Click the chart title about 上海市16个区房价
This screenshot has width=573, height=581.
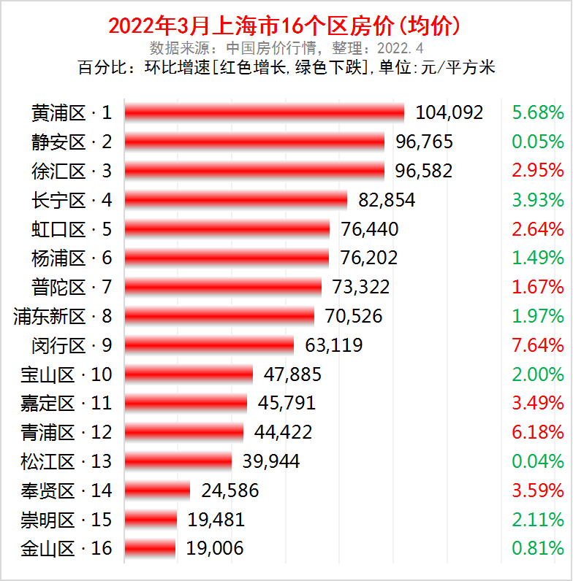[x=286, y=26]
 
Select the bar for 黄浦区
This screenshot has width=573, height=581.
[x=264, y=112]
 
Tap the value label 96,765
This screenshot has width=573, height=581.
[x=424, y=142]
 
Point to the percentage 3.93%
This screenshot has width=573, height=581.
[x=537, y=200]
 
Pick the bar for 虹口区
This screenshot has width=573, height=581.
[x=227, y=229]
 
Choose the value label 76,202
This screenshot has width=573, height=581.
[x=369, y=258]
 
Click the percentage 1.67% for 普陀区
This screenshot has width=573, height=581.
[x=537, y=287]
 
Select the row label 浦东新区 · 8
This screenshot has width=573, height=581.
[x=63, y=316]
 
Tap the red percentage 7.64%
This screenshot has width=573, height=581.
[x=537, y=345]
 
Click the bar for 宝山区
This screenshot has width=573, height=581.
[x=189, y=374]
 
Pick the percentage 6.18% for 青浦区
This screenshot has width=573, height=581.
[x=537, y=432]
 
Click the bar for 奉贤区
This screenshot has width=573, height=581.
[x=157, y=490]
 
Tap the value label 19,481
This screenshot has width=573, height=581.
[x=216, y=520]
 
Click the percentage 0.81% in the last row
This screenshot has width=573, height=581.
[x=537, y=548]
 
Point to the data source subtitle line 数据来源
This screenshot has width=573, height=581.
[x=286, y=49]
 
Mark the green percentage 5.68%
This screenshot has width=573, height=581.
[x=537, y=112]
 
